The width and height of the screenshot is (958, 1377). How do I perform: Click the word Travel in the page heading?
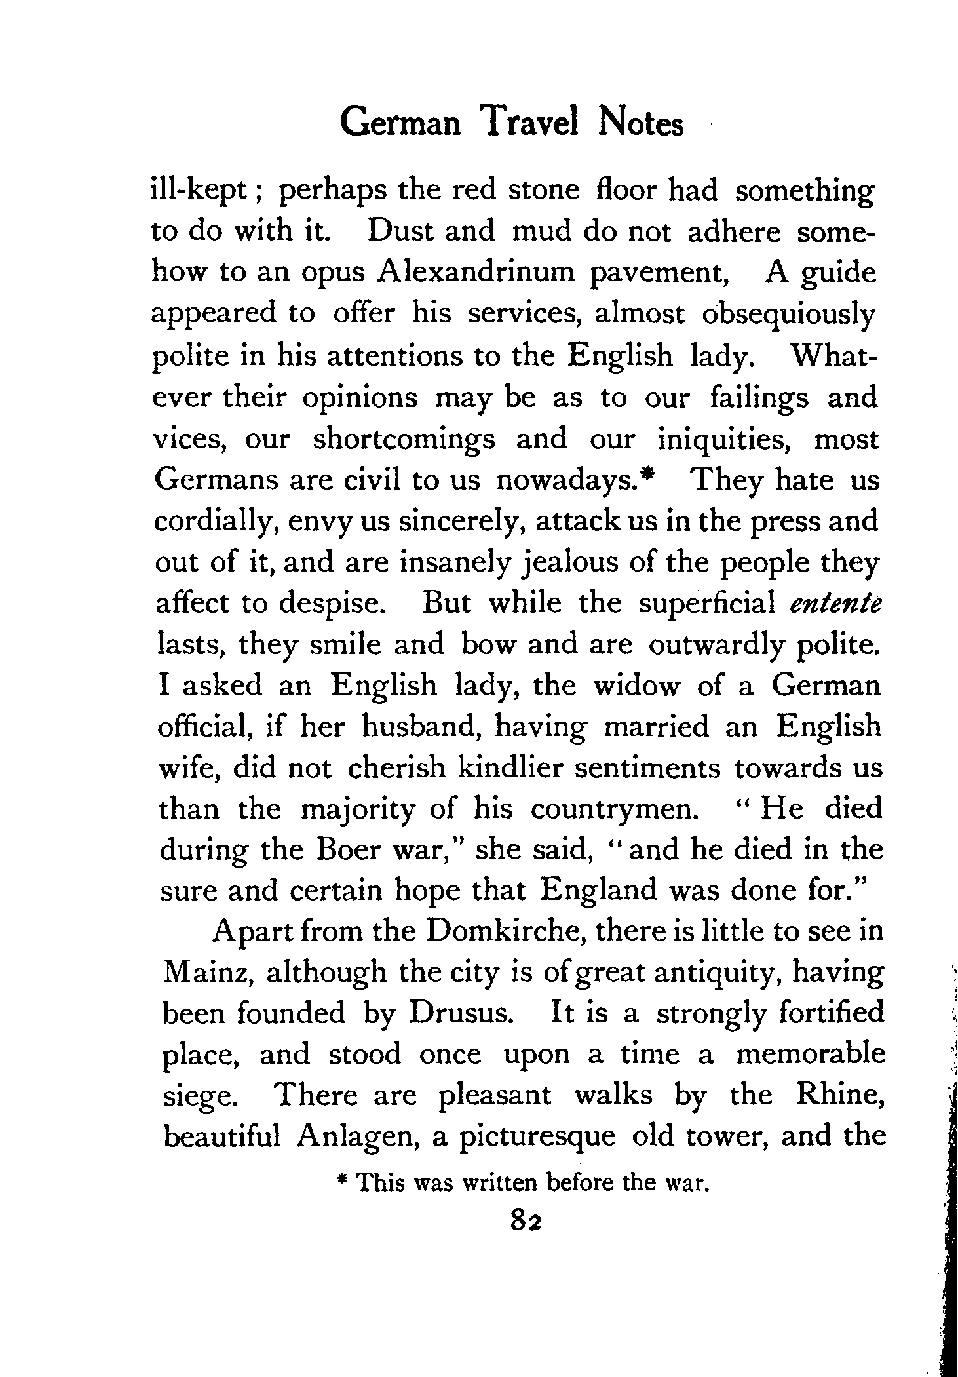tap(529, 123)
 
